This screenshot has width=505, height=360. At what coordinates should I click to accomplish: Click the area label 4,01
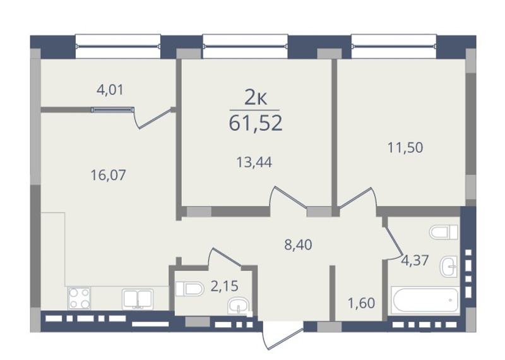110,90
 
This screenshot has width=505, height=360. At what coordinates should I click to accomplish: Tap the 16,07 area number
108,176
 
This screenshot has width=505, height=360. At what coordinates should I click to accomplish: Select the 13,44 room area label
254,162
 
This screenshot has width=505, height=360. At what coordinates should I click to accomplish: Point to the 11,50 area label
405,148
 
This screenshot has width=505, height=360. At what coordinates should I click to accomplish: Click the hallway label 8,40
298,245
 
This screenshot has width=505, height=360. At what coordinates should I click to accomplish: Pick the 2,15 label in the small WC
225,286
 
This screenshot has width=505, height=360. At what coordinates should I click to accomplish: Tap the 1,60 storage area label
361,303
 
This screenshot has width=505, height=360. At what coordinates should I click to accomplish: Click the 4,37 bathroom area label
415,260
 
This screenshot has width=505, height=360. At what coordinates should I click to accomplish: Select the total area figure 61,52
256,123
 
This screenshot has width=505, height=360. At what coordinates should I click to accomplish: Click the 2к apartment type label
256,98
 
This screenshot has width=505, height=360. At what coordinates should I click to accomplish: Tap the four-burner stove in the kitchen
80,298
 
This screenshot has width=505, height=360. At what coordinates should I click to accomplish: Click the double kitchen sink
138,299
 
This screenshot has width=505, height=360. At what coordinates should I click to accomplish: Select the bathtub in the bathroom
425,300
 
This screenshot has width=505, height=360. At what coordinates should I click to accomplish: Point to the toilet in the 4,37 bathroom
444,232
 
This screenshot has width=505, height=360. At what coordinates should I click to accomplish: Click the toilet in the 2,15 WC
190,289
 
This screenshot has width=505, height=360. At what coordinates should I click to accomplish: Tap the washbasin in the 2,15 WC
238,306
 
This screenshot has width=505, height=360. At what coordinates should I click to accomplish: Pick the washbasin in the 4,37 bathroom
449,267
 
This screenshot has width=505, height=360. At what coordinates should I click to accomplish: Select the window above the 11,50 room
394,46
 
